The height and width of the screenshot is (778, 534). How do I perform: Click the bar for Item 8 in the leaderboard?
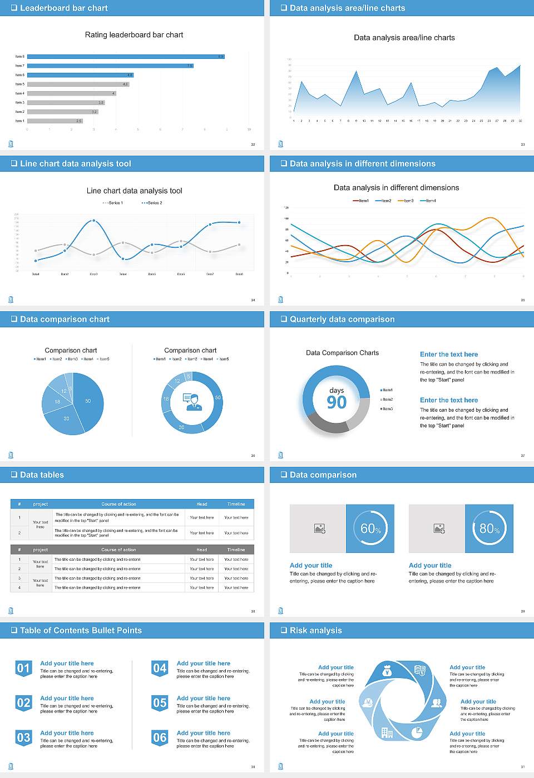pos(125,57)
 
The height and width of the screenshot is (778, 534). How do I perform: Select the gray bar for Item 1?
pos(55,121)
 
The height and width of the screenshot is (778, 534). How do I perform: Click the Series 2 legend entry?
pos(152,203)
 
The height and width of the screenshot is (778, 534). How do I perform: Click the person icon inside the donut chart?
pos(192,402)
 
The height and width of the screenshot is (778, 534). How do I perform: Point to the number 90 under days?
pos(337,402)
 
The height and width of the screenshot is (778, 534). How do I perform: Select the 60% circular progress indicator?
pos(370,528)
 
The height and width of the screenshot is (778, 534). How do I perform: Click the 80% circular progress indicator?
pos(489,528)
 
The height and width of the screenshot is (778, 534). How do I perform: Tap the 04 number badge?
pos(160,669)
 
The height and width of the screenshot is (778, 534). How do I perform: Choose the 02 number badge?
pos(23,704)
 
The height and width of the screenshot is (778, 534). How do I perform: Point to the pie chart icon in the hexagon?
pos(417,733)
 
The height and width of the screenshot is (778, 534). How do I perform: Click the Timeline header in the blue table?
pos(236,504)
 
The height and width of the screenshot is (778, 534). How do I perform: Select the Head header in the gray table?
pos(201,550)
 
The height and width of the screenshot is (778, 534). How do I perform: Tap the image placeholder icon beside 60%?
pos(319,528)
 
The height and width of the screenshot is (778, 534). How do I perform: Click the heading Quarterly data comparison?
pos(342,320)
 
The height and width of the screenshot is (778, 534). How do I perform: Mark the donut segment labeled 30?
pos(182,427)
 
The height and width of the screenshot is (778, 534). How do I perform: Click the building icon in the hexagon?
pos(387,732)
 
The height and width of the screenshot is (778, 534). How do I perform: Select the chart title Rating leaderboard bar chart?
pos(134,35)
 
